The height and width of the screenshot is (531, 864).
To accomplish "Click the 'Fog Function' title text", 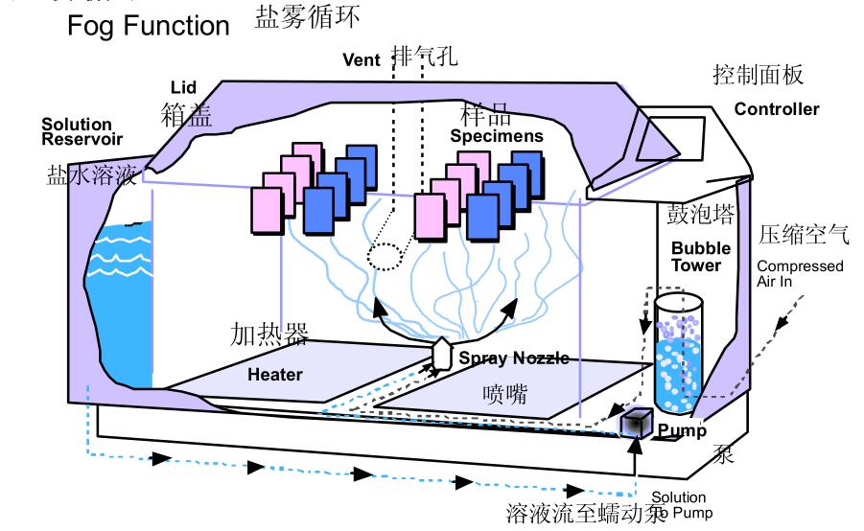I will click(x=148, y=26).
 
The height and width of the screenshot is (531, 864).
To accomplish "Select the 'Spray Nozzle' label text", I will click(x=514, y=358).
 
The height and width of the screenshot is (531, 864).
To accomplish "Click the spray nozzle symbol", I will click(x=442, y=352).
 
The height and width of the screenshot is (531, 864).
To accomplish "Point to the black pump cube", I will click(x=635, y=424).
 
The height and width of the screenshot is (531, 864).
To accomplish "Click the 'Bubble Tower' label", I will click(x=695, y=259).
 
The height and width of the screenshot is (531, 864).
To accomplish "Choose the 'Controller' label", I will click(x=777, y=109).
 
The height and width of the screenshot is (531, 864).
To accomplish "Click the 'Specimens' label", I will click(x=497, y=136).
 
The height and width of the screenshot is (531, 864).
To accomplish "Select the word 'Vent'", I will click(x=362, y=59).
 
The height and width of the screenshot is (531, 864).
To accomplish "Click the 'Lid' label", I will click(x=183, y=88).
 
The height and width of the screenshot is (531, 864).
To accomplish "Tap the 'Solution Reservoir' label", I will click(x=77, y=131).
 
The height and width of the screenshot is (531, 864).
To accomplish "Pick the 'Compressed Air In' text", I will click(x=800, y=273).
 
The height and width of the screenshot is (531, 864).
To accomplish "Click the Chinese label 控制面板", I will click(x=759, y=75).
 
